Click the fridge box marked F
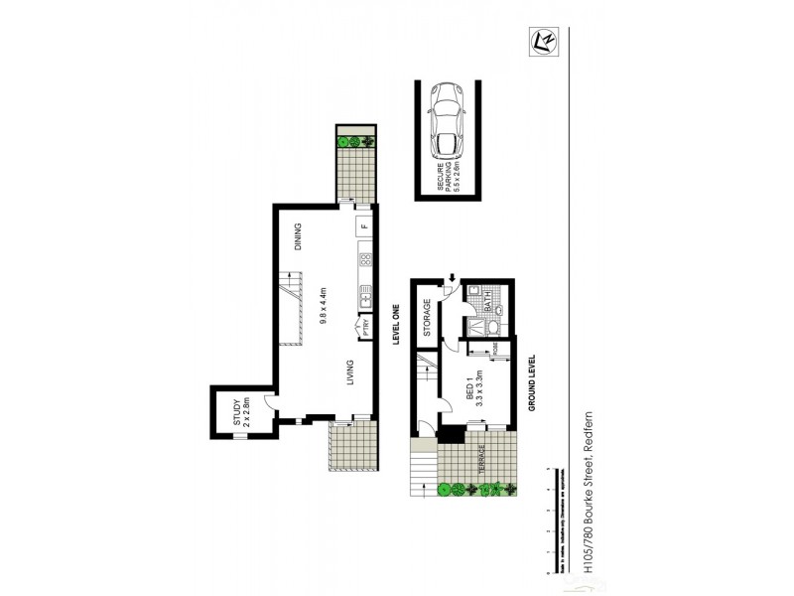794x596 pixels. coord(364,226)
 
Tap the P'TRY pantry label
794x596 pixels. coord(366,328)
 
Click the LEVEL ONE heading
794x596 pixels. coord(395,324)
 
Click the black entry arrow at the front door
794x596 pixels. coord(453,279)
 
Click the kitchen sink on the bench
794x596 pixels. coord(364,295)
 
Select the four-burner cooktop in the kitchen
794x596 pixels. coord(364,262)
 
